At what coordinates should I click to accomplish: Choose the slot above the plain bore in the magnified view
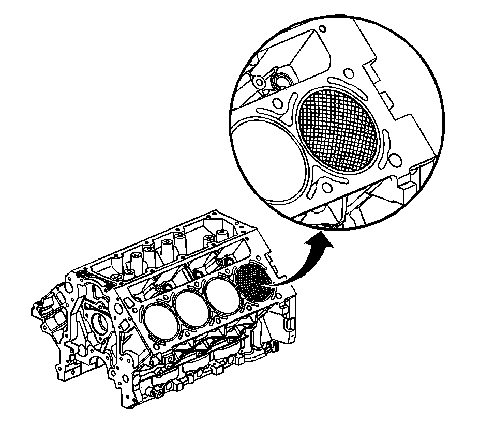point(274,111)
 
